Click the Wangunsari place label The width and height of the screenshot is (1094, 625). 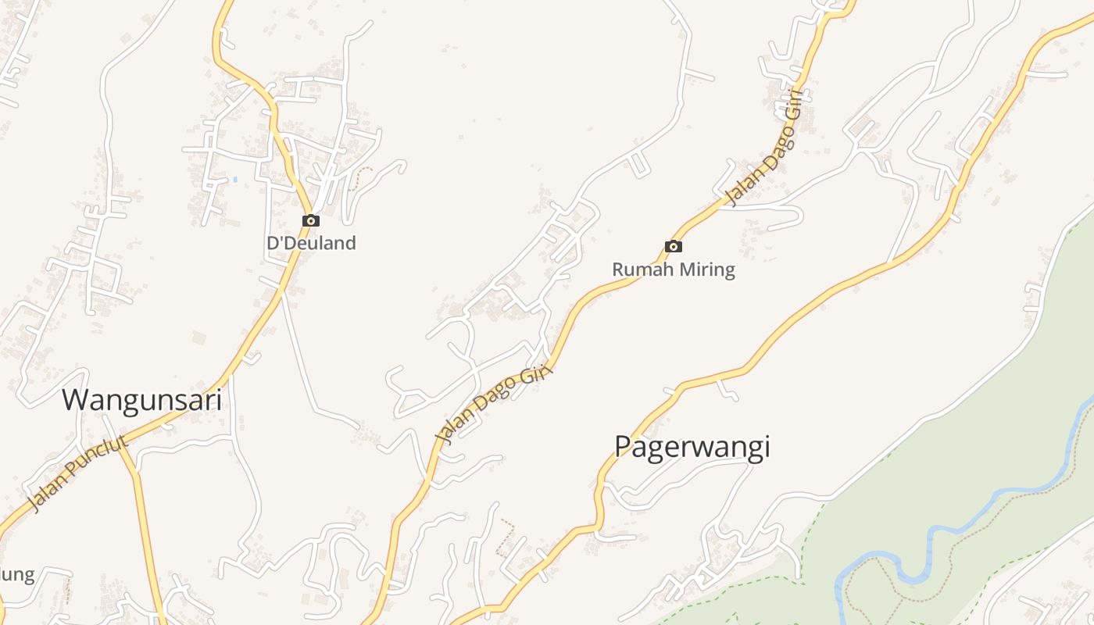(x=141, y=400)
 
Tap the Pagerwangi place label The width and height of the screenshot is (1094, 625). (x=692, y=447)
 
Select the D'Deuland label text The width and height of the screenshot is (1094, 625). (x=311, y=243)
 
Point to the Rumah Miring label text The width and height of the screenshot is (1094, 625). (x=673, y=270)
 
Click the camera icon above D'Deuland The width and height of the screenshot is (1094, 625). (x=311, y=221)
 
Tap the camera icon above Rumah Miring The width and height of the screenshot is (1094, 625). (x=673, y=247)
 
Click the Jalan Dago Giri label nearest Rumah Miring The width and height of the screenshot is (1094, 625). (x=764, y=148)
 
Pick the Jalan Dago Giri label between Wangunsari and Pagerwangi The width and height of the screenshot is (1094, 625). (x=494, y=405)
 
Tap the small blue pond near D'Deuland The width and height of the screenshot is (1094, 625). (x=234, y=180)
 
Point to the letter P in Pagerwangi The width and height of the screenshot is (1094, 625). (x=623, y=447)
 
